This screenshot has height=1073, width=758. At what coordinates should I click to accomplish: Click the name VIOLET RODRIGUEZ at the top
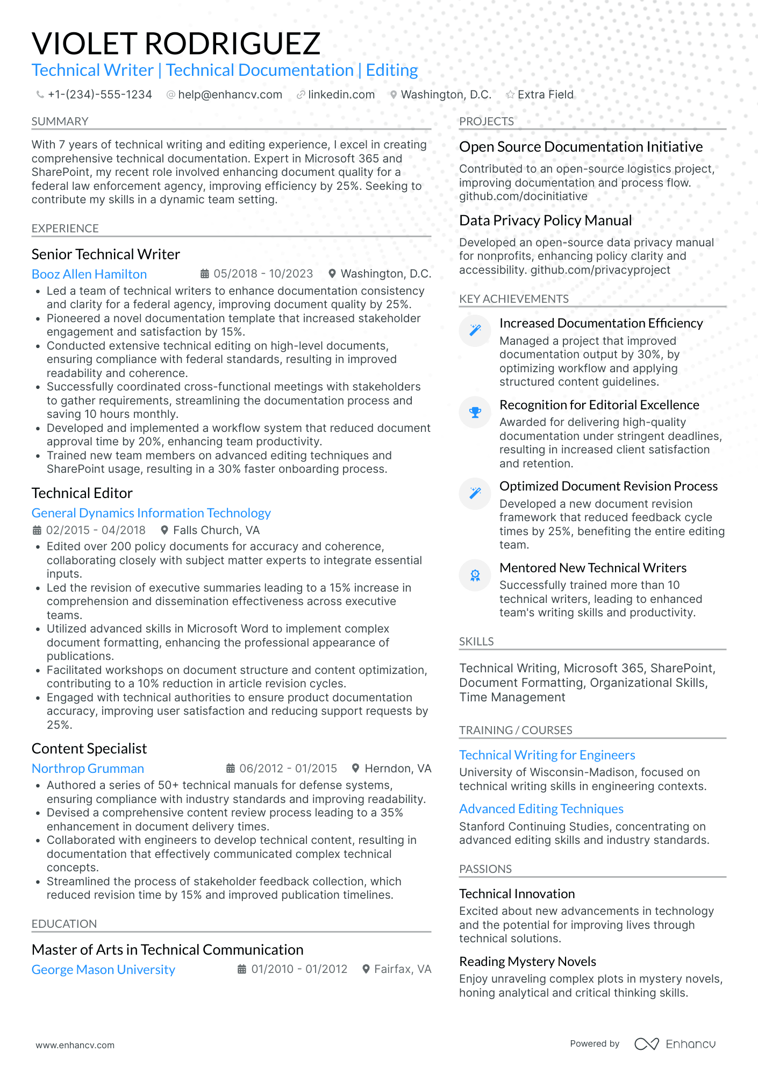click(176, 44)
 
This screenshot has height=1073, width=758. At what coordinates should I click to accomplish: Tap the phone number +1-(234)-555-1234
click(99, 95)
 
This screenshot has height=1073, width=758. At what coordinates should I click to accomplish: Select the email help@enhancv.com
click(230, 95)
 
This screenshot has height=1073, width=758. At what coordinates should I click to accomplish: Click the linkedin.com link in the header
click(341, 95)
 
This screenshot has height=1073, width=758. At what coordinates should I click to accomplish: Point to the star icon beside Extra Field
click(510, 95)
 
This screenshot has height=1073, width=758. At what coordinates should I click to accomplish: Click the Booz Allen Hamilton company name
click(89, 274)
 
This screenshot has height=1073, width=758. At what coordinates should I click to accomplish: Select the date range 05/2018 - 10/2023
click(263, 274)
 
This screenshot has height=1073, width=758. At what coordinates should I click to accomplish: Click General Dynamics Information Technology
click(151, 513)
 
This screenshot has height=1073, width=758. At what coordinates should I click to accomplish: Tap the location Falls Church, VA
click(216, 530)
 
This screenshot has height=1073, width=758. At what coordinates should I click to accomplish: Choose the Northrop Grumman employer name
click(88, 769)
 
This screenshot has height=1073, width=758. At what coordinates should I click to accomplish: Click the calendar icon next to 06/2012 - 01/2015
click(231, 769)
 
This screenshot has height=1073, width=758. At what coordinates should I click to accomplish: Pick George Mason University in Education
click(103, 970)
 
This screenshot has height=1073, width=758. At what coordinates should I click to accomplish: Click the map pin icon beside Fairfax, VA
click(366, 969)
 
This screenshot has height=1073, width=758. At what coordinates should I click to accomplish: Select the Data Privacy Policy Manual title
click(545, 221)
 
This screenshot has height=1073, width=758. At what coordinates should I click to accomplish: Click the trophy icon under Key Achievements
click(475, 413)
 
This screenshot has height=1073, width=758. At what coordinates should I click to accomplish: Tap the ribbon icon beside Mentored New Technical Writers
click(475, 575)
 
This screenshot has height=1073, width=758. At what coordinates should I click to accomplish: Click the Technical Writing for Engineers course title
click(547, 755)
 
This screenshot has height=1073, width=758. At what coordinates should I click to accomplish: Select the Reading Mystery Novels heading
click(527, 962)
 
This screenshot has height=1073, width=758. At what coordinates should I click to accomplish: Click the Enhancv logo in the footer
click(675, 1044)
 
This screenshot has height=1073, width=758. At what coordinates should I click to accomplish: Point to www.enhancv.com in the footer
click(75, 1045)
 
